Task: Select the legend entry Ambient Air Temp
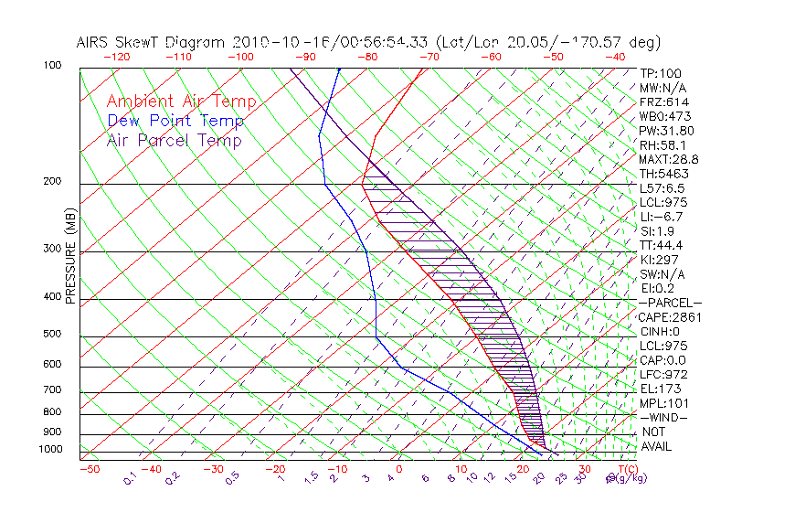pos(181,102)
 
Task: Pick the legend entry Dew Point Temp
pos(175,122)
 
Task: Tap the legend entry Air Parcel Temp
pos(174,141)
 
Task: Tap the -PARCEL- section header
pos(670,303)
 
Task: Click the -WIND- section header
pos(663,417)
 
